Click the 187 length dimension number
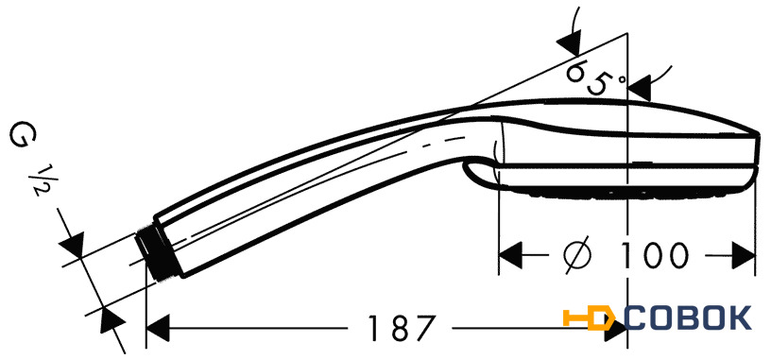tap(402, 328)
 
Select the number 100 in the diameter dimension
tap(652, 256)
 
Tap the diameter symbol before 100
tap(577, 255)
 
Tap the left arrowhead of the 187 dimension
tap(158, 328)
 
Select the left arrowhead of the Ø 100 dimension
tap(510, 255)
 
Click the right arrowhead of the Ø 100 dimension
tap(744, 255)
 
